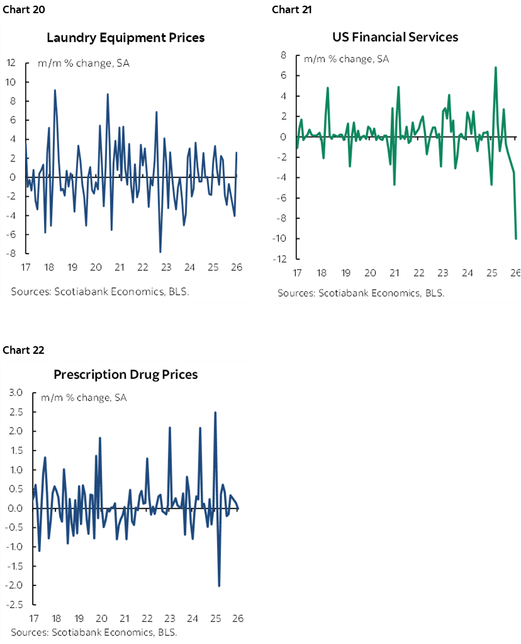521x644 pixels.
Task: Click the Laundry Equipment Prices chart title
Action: (126, 38)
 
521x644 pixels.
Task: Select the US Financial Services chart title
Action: (395, 37)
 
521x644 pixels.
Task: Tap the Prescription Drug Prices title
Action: (126, 375)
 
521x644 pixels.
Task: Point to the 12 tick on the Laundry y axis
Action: (11, 63)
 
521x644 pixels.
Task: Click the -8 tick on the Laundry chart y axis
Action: (11, 254)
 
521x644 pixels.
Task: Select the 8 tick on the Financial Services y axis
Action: (283, 55)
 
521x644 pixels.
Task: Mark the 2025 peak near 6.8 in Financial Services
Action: (496, 67)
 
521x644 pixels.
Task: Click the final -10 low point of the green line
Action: (516, 239)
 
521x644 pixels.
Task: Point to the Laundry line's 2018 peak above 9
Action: (55, 90)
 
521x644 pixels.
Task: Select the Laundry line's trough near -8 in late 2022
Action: (160, 252)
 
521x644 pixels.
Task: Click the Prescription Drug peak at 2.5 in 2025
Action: (215, 412)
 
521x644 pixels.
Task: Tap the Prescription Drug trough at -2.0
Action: (219, 585)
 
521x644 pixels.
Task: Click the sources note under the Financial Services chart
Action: (361, 293)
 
